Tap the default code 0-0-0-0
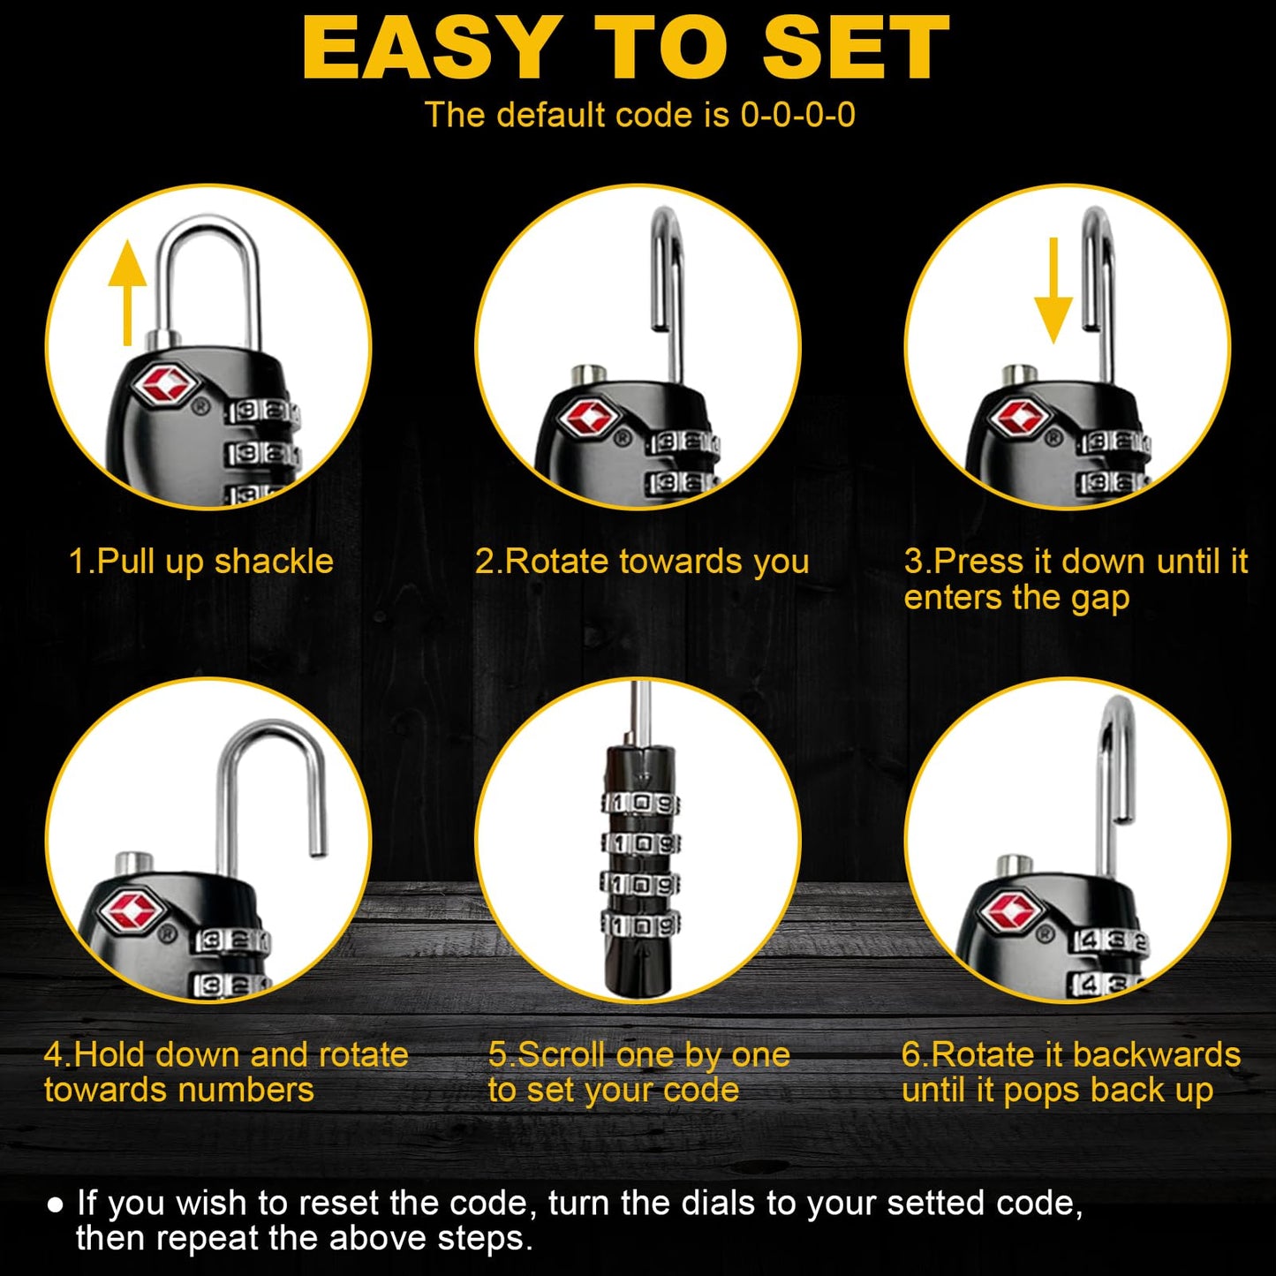point(798,115)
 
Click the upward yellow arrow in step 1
point(127,292)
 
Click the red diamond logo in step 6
point(1011,911)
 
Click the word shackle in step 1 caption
point(274,562)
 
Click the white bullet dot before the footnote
point(56,1204)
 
